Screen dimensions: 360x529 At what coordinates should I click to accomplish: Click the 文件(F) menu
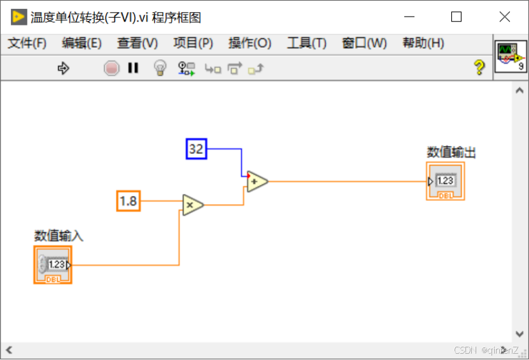point(27,43)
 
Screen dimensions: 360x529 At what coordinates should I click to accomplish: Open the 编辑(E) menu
point(81,43)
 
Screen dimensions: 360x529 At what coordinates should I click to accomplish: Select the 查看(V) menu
point(138,43)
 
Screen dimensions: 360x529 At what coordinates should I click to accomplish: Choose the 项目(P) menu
point(193,43)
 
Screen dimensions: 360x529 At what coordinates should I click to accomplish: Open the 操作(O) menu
point(250,43)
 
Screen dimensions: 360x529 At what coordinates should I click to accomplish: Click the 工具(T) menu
point(306,43)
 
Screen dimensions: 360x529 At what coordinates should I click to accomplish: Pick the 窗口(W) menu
point(364,43)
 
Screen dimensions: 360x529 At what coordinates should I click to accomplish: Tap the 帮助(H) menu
point(423,43)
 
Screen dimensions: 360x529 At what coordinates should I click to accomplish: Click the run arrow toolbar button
point(64,68)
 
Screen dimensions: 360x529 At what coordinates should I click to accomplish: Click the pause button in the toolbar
point(133,68)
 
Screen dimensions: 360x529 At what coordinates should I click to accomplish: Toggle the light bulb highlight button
point(160,68)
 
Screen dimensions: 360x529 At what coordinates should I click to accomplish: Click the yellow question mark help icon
point(480,68)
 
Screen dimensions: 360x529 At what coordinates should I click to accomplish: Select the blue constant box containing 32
point(197,149)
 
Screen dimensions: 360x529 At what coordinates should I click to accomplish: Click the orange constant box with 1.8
point(129,202)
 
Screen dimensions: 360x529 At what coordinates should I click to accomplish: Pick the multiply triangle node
point(192,205)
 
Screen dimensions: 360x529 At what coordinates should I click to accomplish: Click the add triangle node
point(257,181)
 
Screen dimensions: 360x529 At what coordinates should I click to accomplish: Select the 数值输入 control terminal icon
point(53,265)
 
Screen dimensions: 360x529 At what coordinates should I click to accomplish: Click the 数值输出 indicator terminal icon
point(445,181)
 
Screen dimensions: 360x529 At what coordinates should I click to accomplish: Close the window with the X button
point(504,17)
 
